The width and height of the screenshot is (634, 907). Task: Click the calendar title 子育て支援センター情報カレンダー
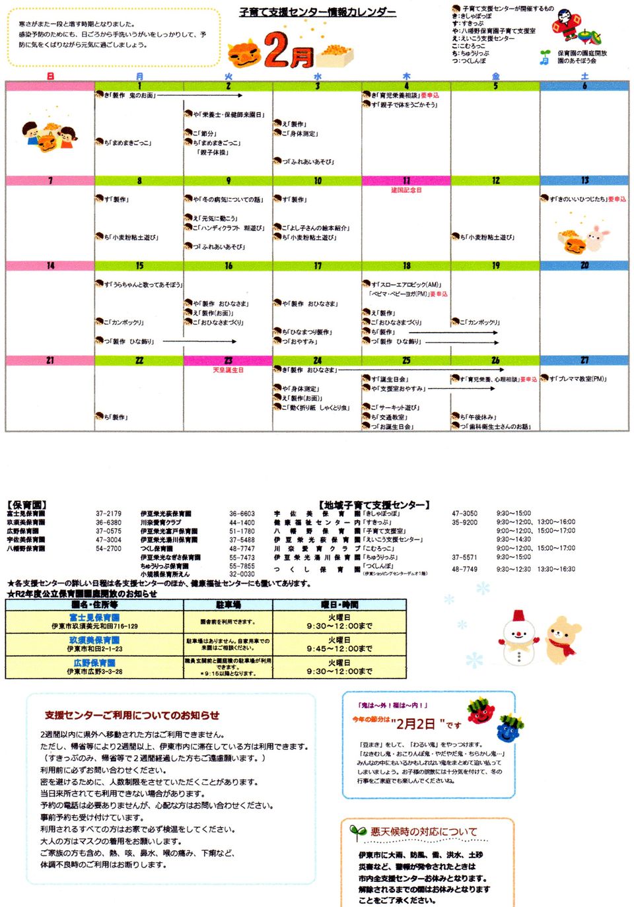click(318, 12)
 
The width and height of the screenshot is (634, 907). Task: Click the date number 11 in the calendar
click(406, 181)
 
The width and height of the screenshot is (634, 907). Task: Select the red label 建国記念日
click(406, 190)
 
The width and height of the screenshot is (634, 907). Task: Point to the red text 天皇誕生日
click(228, 370)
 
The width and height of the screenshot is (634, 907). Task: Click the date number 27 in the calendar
click(584, 360)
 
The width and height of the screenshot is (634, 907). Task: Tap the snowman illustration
click(520, 638)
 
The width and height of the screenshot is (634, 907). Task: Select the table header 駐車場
click(228, 605)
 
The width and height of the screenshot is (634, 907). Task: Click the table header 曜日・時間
click(339, 605)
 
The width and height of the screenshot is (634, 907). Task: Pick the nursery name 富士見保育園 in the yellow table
click(94, 618)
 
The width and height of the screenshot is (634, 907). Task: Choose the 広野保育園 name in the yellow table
click(94, 663)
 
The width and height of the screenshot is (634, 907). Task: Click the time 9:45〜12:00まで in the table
click(339, 649)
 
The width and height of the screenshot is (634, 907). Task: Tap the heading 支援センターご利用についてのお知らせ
click(132, 715)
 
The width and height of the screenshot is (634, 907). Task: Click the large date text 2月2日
click(416, 724)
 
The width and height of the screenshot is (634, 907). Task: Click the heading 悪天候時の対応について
click(423, 832)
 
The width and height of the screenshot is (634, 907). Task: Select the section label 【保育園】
click(26, 505)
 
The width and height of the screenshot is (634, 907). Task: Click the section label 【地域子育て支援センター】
click(374, 505)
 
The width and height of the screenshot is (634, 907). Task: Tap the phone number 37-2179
click(108, 514)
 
